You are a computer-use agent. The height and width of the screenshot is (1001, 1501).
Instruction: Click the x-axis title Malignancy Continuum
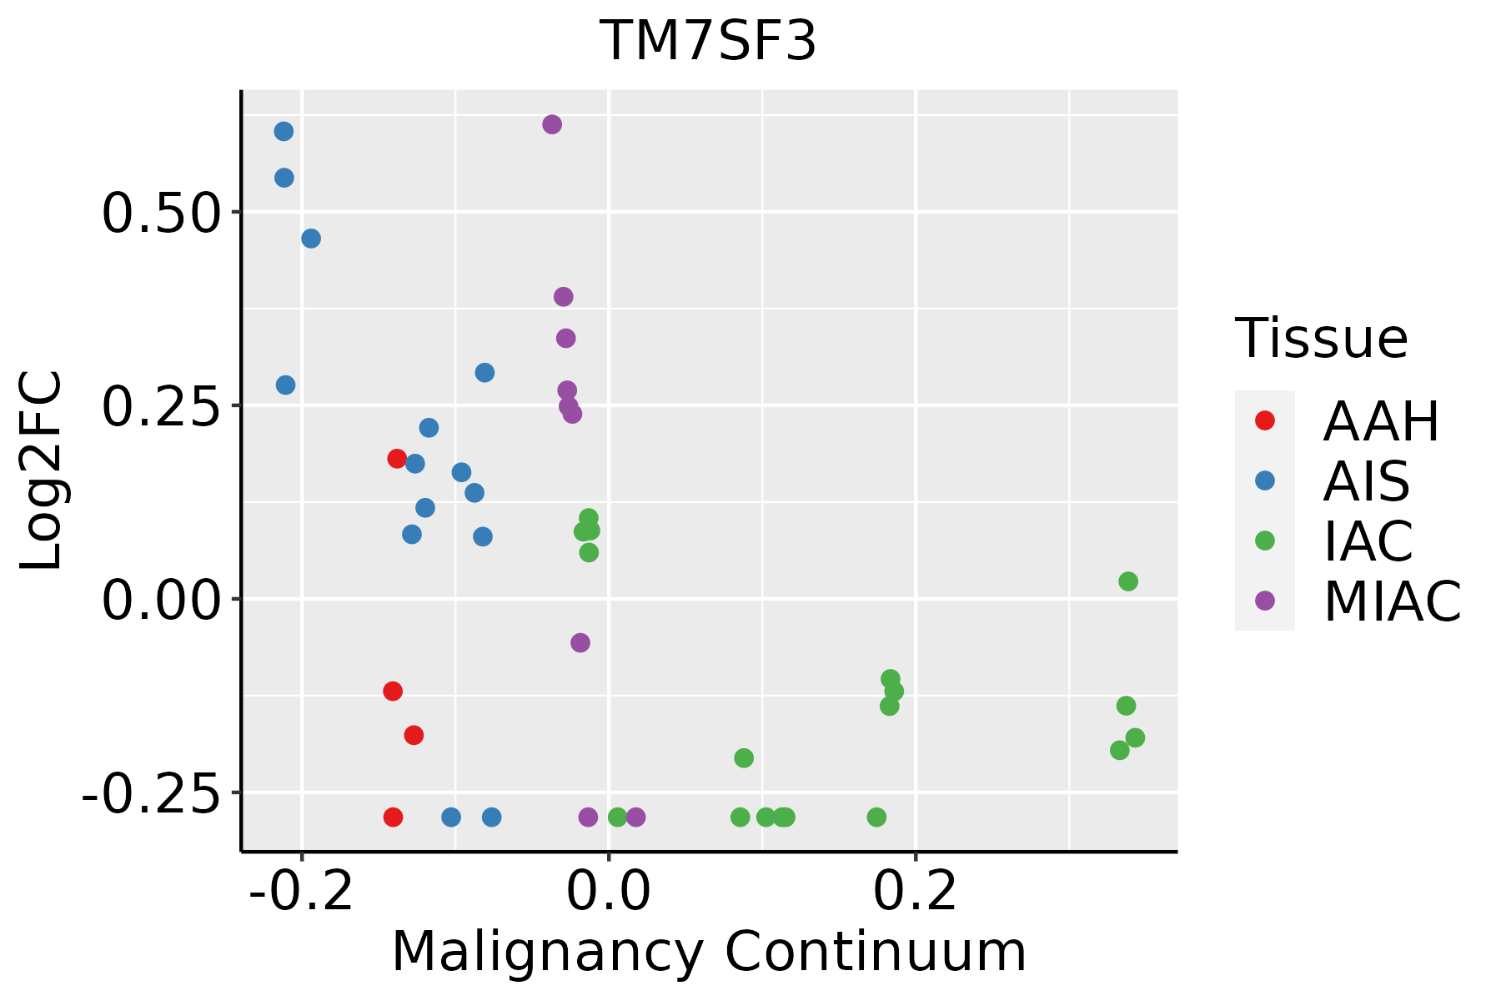pos(709,952)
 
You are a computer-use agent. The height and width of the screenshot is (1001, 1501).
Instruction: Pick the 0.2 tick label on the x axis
pos(915,892)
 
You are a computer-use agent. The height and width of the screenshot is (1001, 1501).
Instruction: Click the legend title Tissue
pos(1322,339)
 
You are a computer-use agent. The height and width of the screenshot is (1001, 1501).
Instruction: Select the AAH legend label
pos(1381,421)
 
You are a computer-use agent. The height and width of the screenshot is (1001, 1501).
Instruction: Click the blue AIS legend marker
pos(1264,480)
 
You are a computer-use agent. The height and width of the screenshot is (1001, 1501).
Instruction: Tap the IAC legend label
pos(1368,541)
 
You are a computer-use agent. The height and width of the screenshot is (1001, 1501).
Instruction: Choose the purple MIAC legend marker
pos(1264,601)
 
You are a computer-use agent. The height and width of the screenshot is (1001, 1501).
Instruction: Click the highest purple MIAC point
pos(552,125)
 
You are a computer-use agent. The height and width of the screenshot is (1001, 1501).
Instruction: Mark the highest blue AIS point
pos(284,132)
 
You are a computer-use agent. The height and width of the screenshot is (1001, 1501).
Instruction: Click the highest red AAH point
pos(397,459)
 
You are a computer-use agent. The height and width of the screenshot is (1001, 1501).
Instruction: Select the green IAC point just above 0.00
pos(1128,581)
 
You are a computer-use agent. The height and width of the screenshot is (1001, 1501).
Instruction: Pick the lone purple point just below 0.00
pos(580,643)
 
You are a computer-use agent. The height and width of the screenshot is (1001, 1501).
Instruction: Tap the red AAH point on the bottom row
pos(394,817)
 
